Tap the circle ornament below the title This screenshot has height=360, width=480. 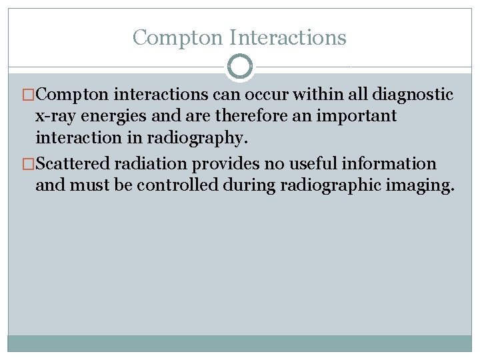coord(240,67)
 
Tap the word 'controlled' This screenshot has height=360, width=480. coord(177,185)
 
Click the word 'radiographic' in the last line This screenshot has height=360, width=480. coord(333,185)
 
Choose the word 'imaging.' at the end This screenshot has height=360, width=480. coord(421,185)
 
